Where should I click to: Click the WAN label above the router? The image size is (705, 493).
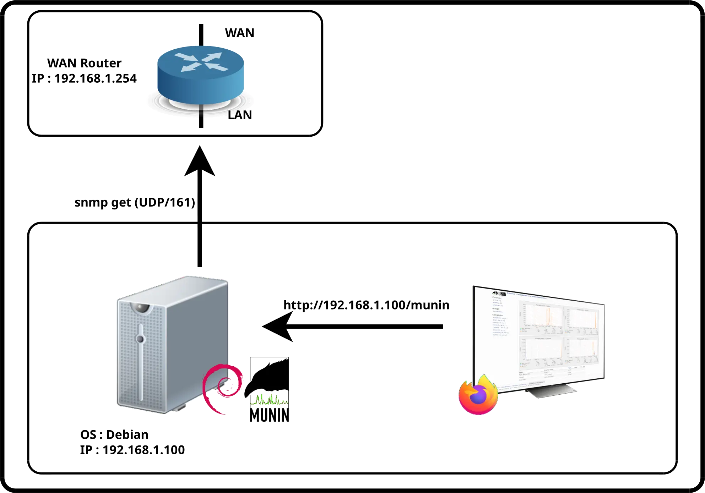click(240, 33)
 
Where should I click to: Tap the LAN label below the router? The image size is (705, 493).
click(240, 115)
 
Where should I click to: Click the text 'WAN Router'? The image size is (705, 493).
click(85, 63)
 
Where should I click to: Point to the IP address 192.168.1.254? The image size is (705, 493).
click(85, 79)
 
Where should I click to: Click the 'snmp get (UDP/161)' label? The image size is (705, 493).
click(135, 202)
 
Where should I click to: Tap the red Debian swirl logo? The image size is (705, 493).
click(222, 389)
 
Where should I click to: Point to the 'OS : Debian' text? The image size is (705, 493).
click(114, 435)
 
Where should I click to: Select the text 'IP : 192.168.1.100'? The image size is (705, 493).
click(132, 450)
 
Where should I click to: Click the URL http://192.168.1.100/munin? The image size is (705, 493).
click(366, 305)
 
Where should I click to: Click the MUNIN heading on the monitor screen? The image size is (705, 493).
click(499, 294)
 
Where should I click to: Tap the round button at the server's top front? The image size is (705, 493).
click(141, 308)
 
